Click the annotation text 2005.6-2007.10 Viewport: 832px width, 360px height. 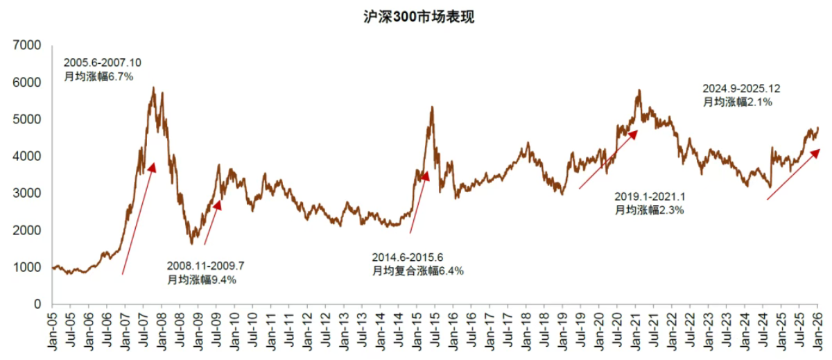point(102,62)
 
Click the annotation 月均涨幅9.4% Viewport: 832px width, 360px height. point(202,280)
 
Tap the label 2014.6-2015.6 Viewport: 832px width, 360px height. point(406,257)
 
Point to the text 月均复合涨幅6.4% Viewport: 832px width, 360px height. point(418,271)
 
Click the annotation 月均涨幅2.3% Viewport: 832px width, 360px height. point(649,209)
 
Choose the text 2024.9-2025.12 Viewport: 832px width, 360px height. point(741,89)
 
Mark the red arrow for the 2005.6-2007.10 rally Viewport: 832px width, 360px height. point(138,218)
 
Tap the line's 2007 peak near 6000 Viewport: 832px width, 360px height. point(153,88)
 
